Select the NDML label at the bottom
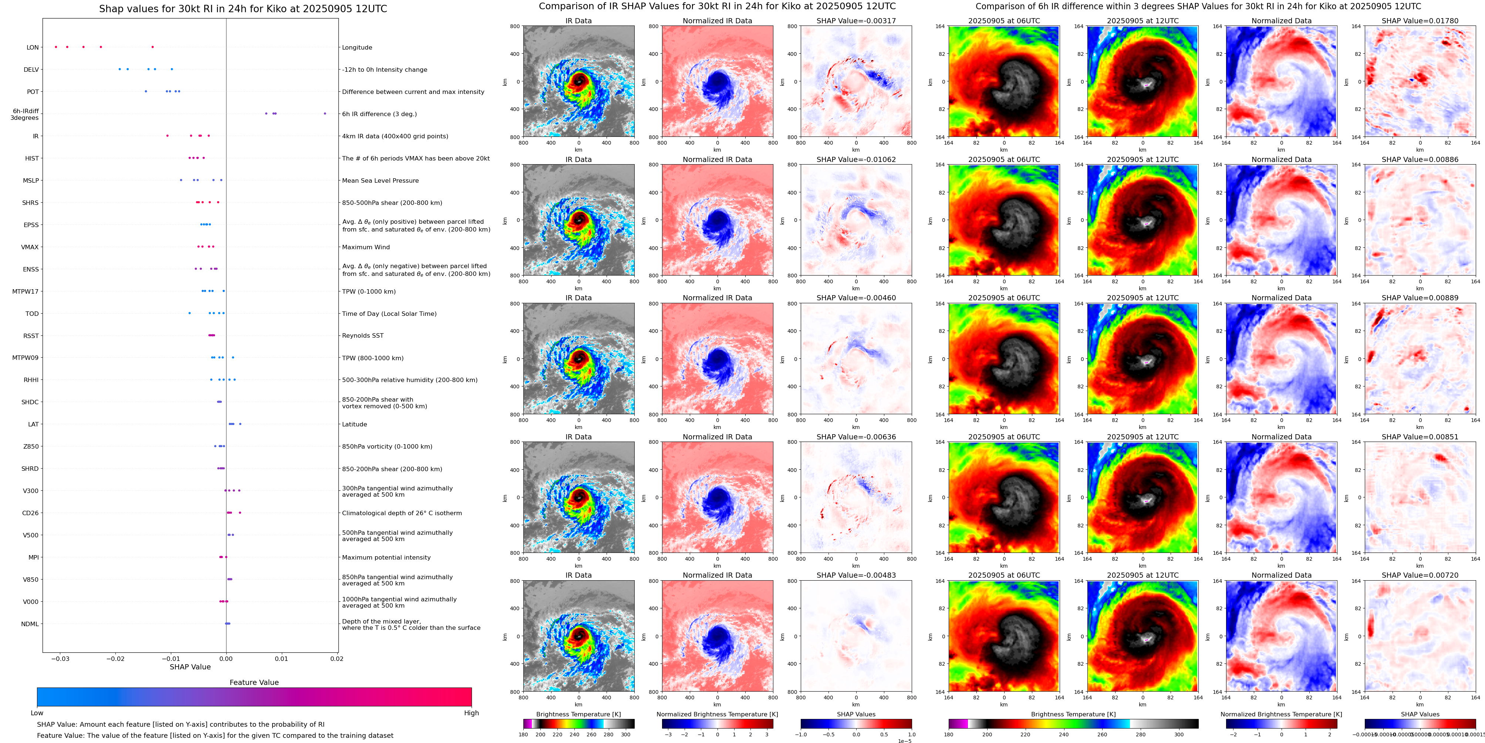[30, 624]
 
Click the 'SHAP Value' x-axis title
[190, 667]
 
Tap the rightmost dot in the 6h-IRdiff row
[325, 114]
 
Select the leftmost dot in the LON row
[56, 47]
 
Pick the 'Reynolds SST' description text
[362, 335]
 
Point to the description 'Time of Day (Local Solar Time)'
[389, 314]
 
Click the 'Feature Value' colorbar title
[254, 682]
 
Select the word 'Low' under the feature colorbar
[37, 713]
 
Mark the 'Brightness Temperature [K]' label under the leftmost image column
[578, 714]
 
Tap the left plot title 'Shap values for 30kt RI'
[243, 9]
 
